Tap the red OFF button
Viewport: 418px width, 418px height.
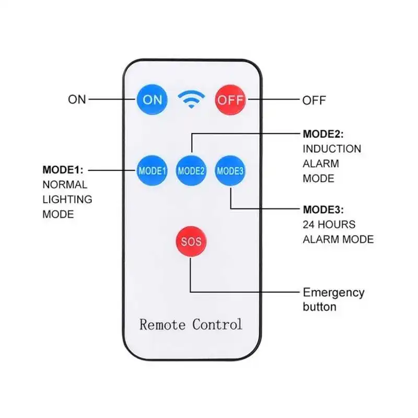point(230,99)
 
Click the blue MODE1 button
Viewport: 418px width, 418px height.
point(152,170)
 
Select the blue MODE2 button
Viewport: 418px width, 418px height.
point(191,170)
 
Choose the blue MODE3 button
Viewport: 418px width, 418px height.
point(230,170)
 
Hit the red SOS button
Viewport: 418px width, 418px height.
point(191,242)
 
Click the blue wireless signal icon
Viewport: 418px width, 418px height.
point(191,99)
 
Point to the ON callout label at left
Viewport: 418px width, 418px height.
point(77,99)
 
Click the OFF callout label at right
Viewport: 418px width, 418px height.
point(314,100)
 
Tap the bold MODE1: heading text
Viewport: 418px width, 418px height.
point(63,170)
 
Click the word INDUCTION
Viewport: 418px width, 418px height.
point(332,149)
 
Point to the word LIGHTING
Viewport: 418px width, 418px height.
point(67,199)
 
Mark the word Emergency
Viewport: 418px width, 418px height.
point(334,293)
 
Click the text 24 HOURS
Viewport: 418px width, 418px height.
point(329,225)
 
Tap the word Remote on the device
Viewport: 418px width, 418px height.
point(162,324)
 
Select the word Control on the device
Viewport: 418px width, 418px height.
point(217,324)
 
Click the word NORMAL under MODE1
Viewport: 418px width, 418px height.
point(65,184)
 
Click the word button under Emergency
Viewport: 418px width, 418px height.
point(319,307)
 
